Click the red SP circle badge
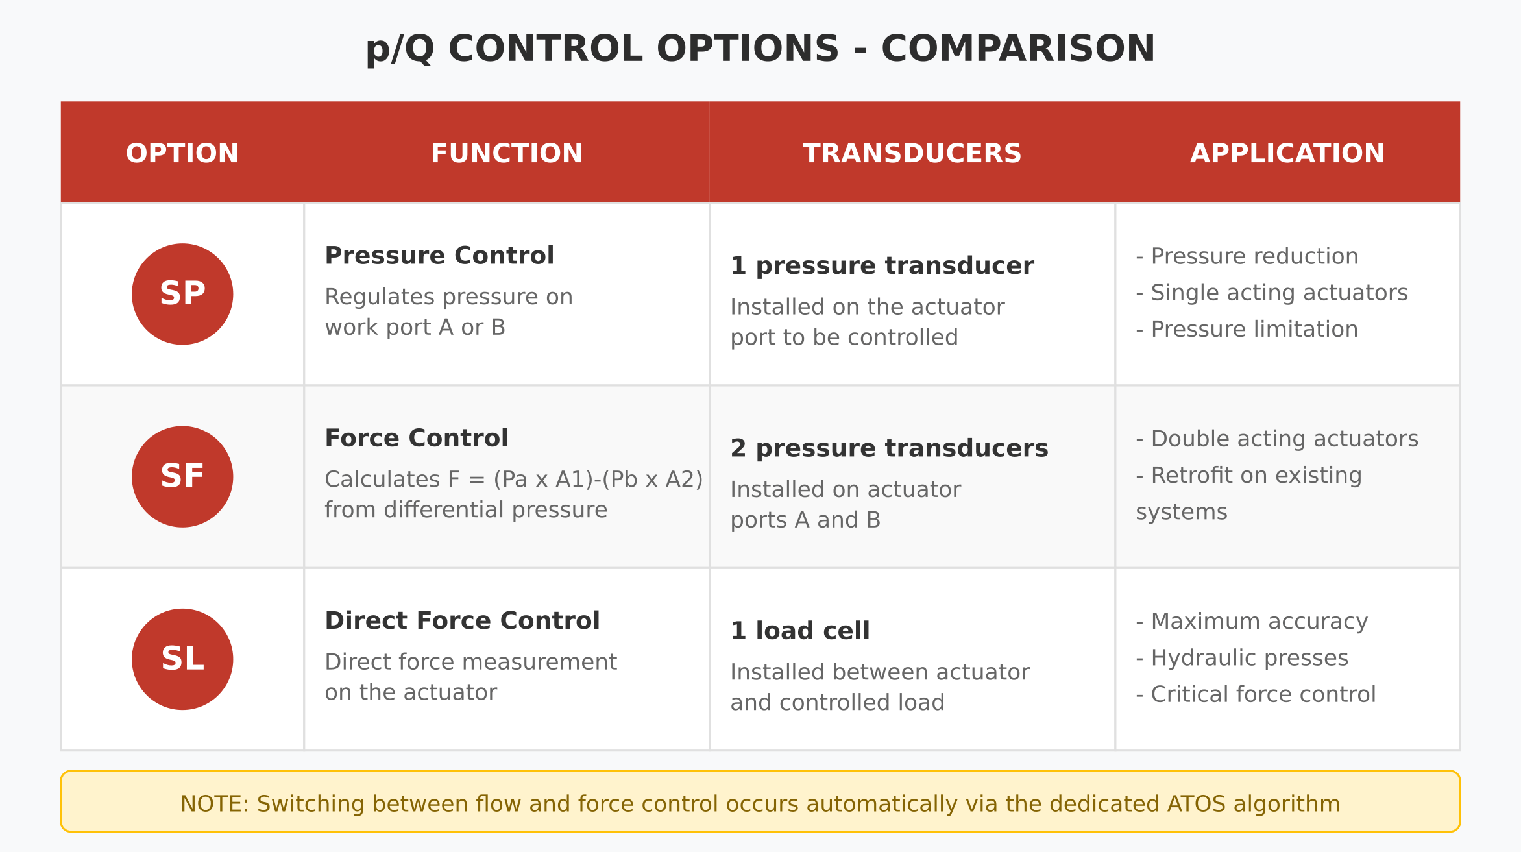tap(182, 294)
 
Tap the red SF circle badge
tap(182, 476)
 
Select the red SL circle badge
tap(182, 659)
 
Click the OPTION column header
tap(182, 154)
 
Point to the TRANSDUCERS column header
tap(912, 154)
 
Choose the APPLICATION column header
tap(1287, 154)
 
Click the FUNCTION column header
tap(507, 154)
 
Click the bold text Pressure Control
tap(439, 256)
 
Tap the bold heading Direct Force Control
tap(462, 621)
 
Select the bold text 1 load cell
tap(799, 631)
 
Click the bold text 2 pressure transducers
tap(889, 448)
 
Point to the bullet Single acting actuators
tap(1278, 293)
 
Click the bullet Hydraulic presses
tap(1249, 658)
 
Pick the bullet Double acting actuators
tap(1284, 439)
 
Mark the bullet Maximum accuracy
tap(1259, 622)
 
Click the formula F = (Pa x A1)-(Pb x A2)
tap(575, 480)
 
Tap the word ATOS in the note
tap(1197, 804)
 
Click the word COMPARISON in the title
tap(1017, 49)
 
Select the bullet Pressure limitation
tap(1254, 329)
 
